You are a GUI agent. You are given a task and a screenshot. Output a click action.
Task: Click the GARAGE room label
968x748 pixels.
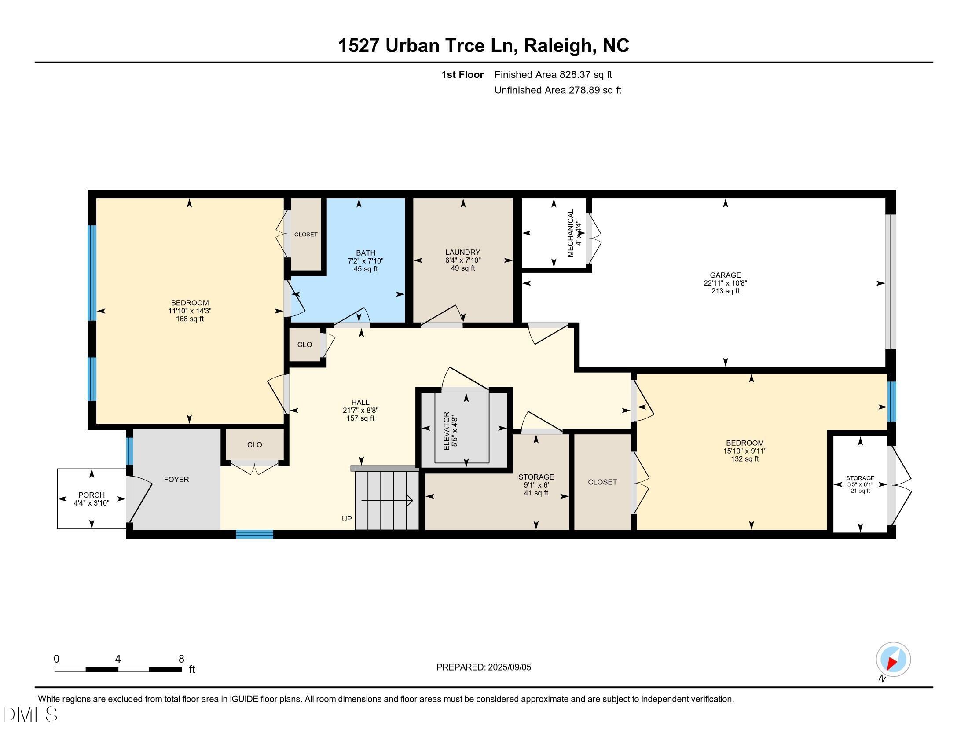[x=725, y=275]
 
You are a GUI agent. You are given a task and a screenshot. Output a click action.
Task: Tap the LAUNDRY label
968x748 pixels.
[x=463, y=252]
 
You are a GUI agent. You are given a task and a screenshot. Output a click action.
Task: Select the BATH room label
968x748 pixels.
[x=365, y=253]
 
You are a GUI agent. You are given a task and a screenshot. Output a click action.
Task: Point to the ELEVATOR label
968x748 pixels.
[x=446, y=431]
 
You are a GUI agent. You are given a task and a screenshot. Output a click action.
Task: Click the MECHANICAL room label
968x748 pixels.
[x=570, y=233]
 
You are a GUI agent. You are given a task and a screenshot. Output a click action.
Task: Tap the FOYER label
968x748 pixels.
[x=176, y=480]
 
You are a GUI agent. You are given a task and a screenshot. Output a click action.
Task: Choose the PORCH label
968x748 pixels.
[x=92, y=495]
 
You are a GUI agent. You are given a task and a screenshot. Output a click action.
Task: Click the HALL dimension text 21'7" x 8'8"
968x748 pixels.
[x=360, y=411]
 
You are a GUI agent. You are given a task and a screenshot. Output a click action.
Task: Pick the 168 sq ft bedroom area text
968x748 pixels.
[x=190, y=319]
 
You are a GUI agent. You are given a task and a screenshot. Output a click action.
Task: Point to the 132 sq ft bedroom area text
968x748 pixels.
[x=744, y=458]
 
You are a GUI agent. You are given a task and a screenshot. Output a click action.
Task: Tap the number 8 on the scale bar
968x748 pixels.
[x=181, y=659]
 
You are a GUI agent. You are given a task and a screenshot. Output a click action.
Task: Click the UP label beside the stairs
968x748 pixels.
[x=347, y=518]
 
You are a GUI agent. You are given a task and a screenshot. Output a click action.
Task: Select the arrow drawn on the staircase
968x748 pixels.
[x=387, y=501]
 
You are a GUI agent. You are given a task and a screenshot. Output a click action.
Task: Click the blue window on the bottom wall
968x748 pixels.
[x=254, y=534]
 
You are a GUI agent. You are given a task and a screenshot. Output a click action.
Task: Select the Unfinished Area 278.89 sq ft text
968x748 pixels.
[x=557, y=90]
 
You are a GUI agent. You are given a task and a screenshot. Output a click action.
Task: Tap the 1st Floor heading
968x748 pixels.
[x=462, y=75]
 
